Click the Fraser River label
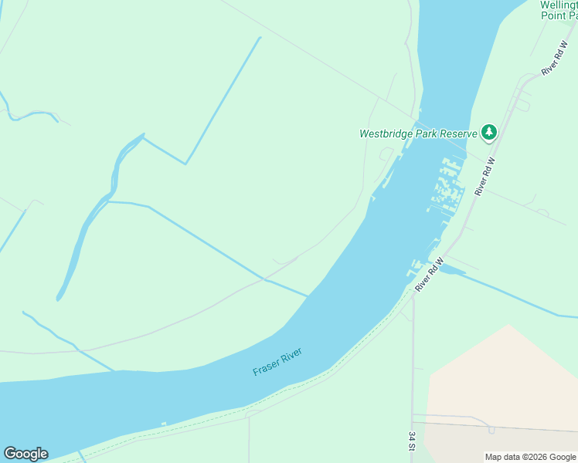[x=277, y=362]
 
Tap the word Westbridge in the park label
[x=384, y=133]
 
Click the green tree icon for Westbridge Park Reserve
[x=488, y=133]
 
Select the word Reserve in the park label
[x=456, y=133]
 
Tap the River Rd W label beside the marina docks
[x=484, y=176]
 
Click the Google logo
[x=25, y=454]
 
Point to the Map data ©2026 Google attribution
[x=530, y=457]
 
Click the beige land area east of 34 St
[x=502, y=378]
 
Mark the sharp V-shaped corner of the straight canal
[x=185, y=164]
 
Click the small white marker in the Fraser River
[x=164, y=423]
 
